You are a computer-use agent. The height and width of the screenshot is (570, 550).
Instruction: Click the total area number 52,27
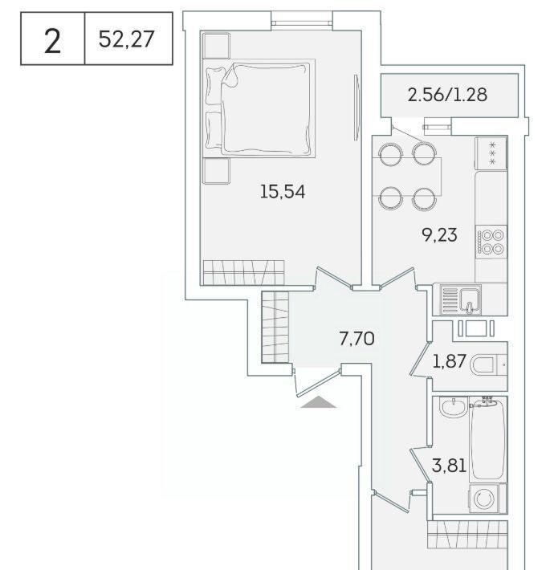[x=127, y=39]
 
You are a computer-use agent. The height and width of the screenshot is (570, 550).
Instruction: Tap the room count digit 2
[x=52, y=42]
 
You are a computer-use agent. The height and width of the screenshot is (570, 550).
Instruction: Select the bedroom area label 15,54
[x=283, y=192]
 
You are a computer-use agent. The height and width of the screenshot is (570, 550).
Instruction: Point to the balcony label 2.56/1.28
[x=447, y=95]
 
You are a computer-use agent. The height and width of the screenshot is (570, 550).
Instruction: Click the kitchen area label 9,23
[x=439, y=235]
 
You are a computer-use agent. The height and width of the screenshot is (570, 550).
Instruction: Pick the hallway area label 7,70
[x=356, y=339]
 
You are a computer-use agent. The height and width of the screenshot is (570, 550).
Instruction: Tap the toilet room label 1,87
[x=449, y=361]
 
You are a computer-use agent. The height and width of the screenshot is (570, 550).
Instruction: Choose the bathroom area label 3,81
[x=449, y=466]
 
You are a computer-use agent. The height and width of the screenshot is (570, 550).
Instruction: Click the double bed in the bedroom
[x=259, y=108]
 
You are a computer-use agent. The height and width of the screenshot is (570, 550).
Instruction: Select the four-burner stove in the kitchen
[x=491, y=242]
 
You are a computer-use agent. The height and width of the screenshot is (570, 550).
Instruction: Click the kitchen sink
[x=461, y=299]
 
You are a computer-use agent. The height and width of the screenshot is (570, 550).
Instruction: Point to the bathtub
[x=487, y=439]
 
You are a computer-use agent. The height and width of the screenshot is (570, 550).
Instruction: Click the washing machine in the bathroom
[x=487, y=498]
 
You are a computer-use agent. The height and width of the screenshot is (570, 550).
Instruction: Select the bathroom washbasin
[x=454, y=407]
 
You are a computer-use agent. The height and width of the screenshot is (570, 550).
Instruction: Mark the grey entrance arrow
[x=319, y=402]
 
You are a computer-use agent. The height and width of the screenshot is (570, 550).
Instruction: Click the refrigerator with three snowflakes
[x=491, y=153]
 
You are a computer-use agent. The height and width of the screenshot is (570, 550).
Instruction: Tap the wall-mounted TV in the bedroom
[x=357, y=108]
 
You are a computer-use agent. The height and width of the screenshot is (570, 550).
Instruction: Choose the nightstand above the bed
[x=216, y=46]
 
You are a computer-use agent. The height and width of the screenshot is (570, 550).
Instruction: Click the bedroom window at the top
[x=302, y=23]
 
